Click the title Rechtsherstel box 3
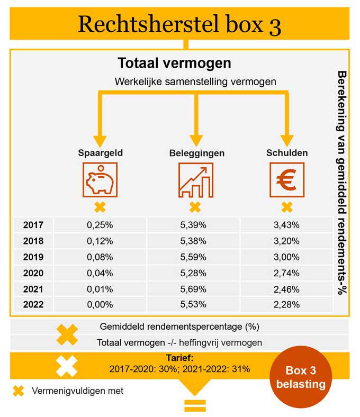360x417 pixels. [x=179, y=24]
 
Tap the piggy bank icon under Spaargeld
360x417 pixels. [x=100, y=180]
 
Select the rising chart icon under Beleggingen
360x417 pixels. [x=195, y=180]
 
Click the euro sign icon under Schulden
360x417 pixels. [x=287, y=180]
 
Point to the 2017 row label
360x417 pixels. [x=33, y=225]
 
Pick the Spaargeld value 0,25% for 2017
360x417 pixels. [x=100, y=225]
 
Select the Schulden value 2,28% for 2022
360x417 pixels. [x=287, y=305]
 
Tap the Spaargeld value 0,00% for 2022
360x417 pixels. [x=100, y=305]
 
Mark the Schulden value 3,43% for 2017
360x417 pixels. [x=287, y=225]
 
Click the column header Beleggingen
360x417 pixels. [x=197, y=153]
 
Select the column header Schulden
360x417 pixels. [x=286, y=153]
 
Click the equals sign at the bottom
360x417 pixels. [x=194, y=406]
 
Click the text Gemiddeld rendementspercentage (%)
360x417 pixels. [x=179, y=326]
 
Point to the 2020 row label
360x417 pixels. [x=33, y=273]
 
